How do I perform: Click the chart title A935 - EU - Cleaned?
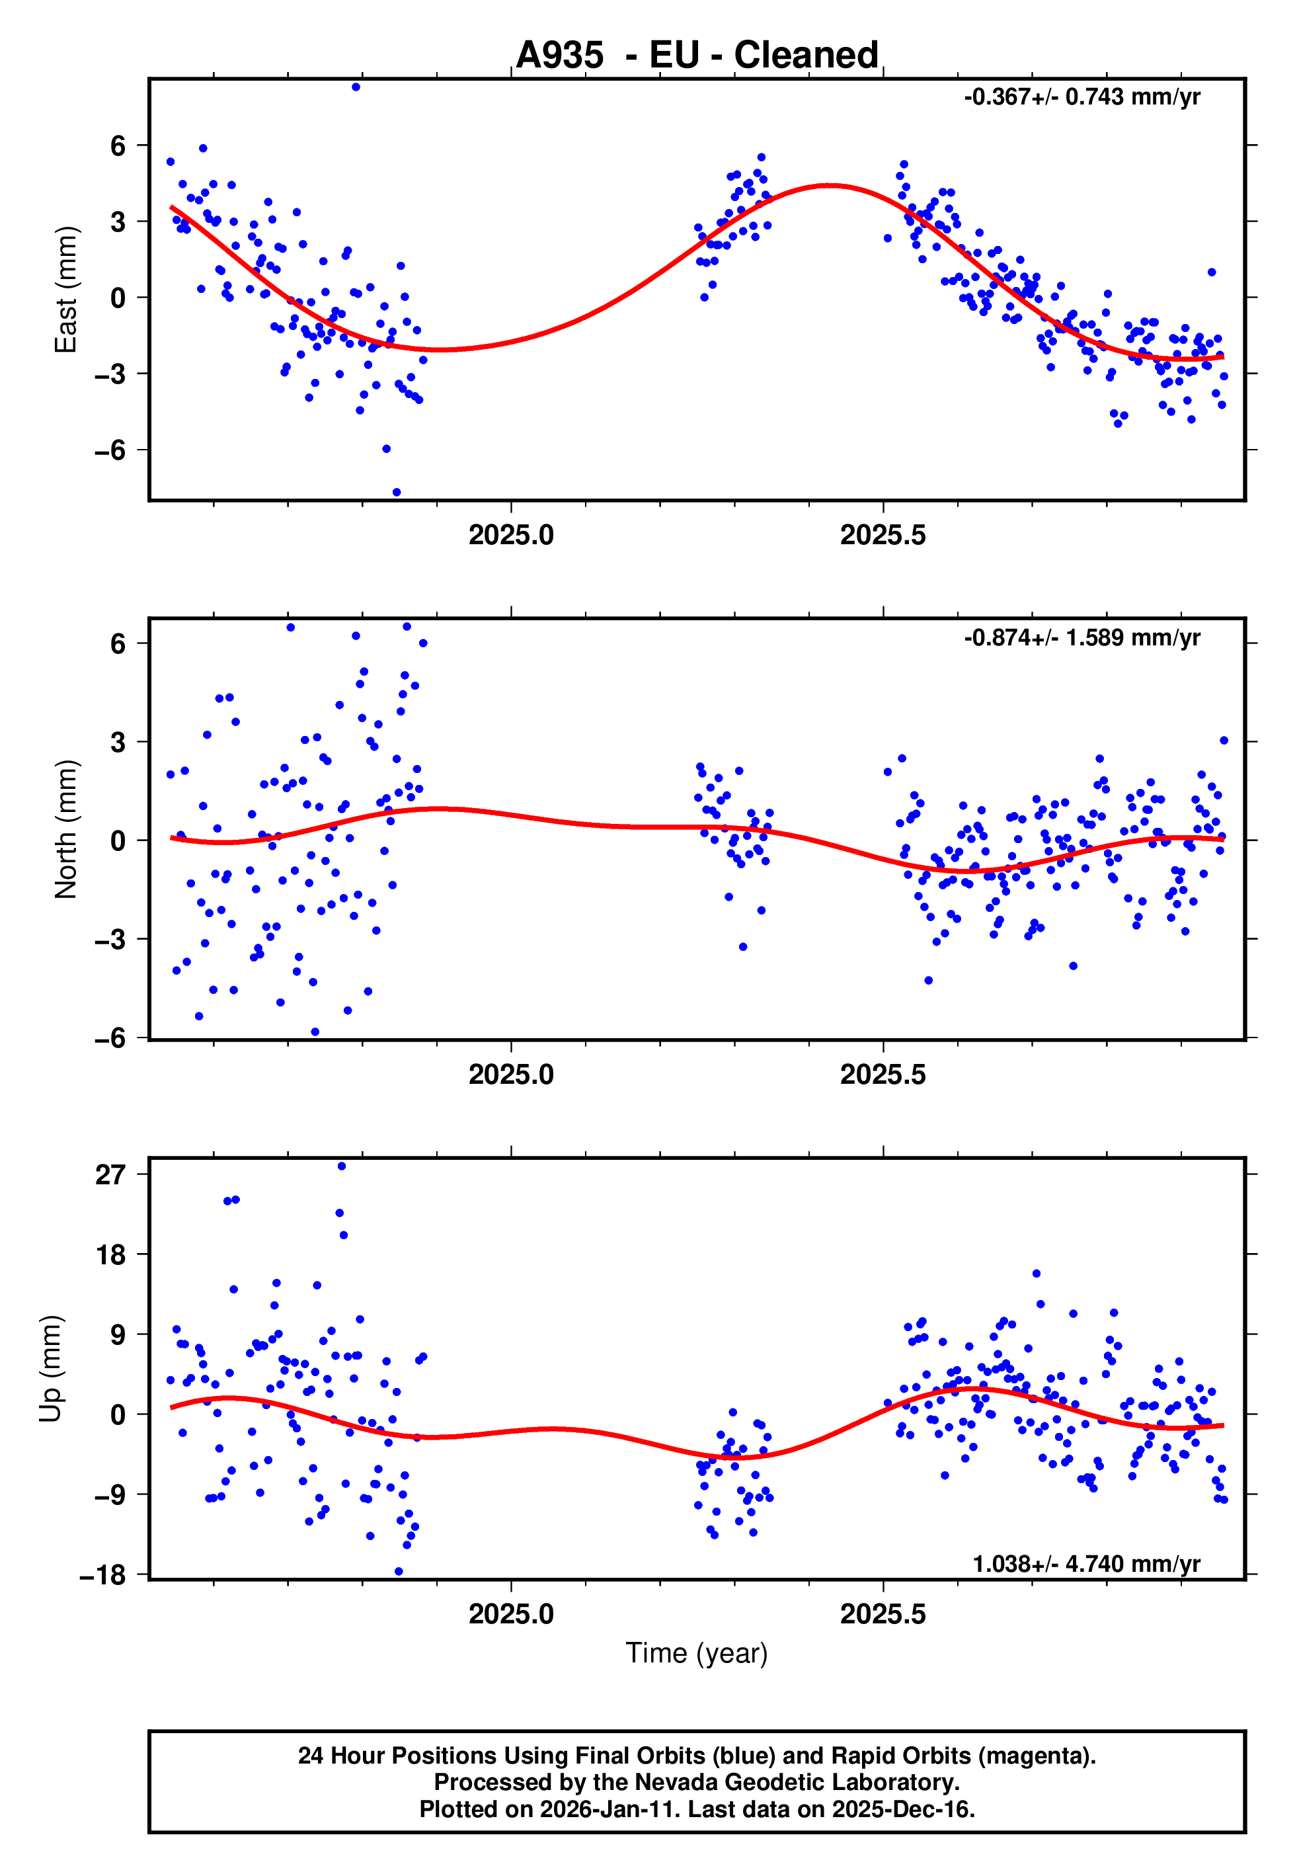(697, 56)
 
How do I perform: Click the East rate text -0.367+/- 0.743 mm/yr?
(1081, 97)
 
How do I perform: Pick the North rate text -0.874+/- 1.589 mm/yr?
(1081, 637)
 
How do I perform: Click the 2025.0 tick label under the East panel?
(511, 535)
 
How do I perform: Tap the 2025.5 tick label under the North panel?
(883, 1075)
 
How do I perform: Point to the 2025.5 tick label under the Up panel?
(883, 1613)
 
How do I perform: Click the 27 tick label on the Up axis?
(110, 1174)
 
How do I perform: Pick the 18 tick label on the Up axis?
(110, 1255)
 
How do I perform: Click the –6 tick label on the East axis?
(110, 450)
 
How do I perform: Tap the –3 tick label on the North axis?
(110, 940)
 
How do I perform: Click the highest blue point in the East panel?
(356, 87)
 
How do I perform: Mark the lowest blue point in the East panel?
(397, 493)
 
